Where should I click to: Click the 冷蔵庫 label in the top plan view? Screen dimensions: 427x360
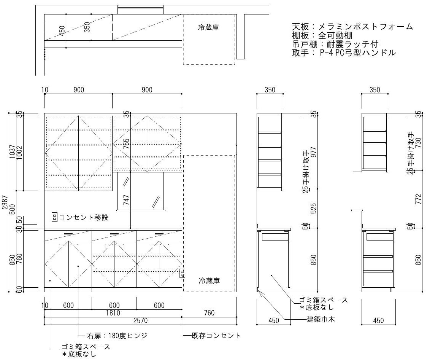pyautogui.click(x=209, y=27)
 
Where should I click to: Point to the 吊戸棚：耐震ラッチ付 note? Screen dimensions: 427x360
pyautogui.click(x=335, y=44)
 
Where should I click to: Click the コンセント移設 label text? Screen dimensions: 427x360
pyautogui.click(x=84, y=218)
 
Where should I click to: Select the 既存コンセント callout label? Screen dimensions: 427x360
pyautogui.click(x=216, y=336)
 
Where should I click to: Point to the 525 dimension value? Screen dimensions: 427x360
pyautogui.click(x=314, y=208)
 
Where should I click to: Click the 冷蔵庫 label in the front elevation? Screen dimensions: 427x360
pyautogui.click(x=209, y=281)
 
